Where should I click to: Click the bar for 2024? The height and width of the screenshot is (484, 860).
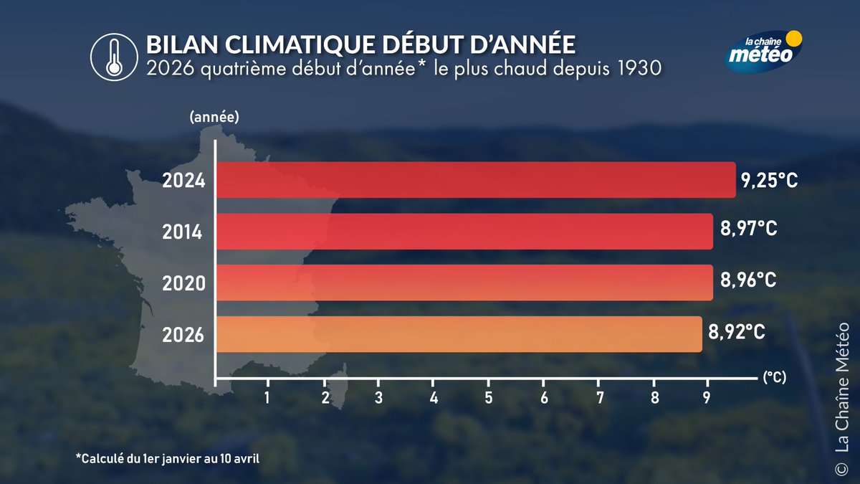[x=475, y=180]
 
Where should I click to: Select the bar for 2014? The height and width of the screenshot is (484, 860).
[x=464, y=232]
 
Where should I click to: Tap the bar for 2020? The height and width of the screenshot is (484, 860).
[x=464, y=283]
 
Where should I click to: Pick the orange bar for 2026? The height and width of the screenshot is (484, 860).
[x=459, y=334]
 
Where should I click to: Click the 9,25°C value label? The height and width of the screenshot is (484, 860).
[x=770, y=180]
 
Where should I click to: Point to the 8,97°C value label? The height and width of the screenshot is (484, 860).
[x=748, y=231]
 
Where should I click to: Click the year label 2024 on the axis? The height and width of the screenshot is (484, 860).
[x=183, y=181]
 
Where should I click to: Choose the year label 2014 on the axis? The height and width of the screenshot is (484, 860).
[x=183, y=232]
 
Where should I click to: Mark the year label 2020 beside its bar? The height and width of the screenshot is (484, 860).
[x=183, y=284]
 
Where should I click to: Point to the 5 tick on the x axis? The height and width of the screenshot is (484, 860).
[x=488, y=397]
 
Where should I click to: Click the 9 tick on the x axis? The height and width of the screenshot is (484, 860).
[x=707, y=397]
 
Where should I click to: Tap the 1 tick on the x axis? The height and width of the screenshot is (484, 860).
[x=267, y=397]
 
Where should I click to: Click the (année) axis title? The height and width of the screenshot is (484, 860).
[x=214, y=116]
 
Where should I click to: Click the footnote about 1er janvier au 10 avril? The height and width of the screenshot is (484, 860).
[x=166, y=457]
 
